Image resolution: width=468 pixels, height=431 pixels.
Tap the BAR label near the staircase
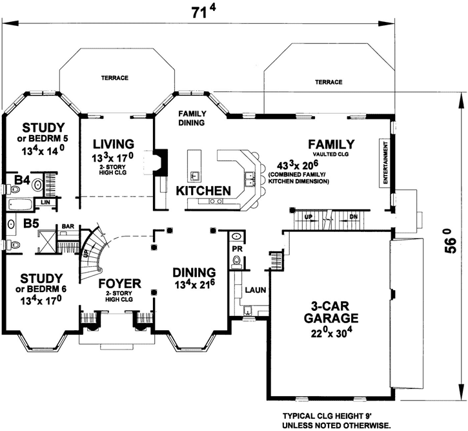[x=68, y=226]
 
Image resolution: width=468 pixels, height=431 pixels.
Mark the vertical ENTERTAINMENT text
[x=386, y=165]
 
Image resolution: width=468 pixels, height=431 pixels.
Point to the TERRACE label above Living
[x=114, y=78]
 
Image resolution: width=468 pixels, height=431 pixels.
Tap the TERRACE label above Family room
[x=328, y=83]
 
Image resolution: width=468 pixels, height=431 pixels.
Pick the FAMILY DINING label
[x=192, y=118]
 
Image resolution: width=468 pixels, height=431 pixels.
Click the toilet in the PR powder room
[x=236, y=261]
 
